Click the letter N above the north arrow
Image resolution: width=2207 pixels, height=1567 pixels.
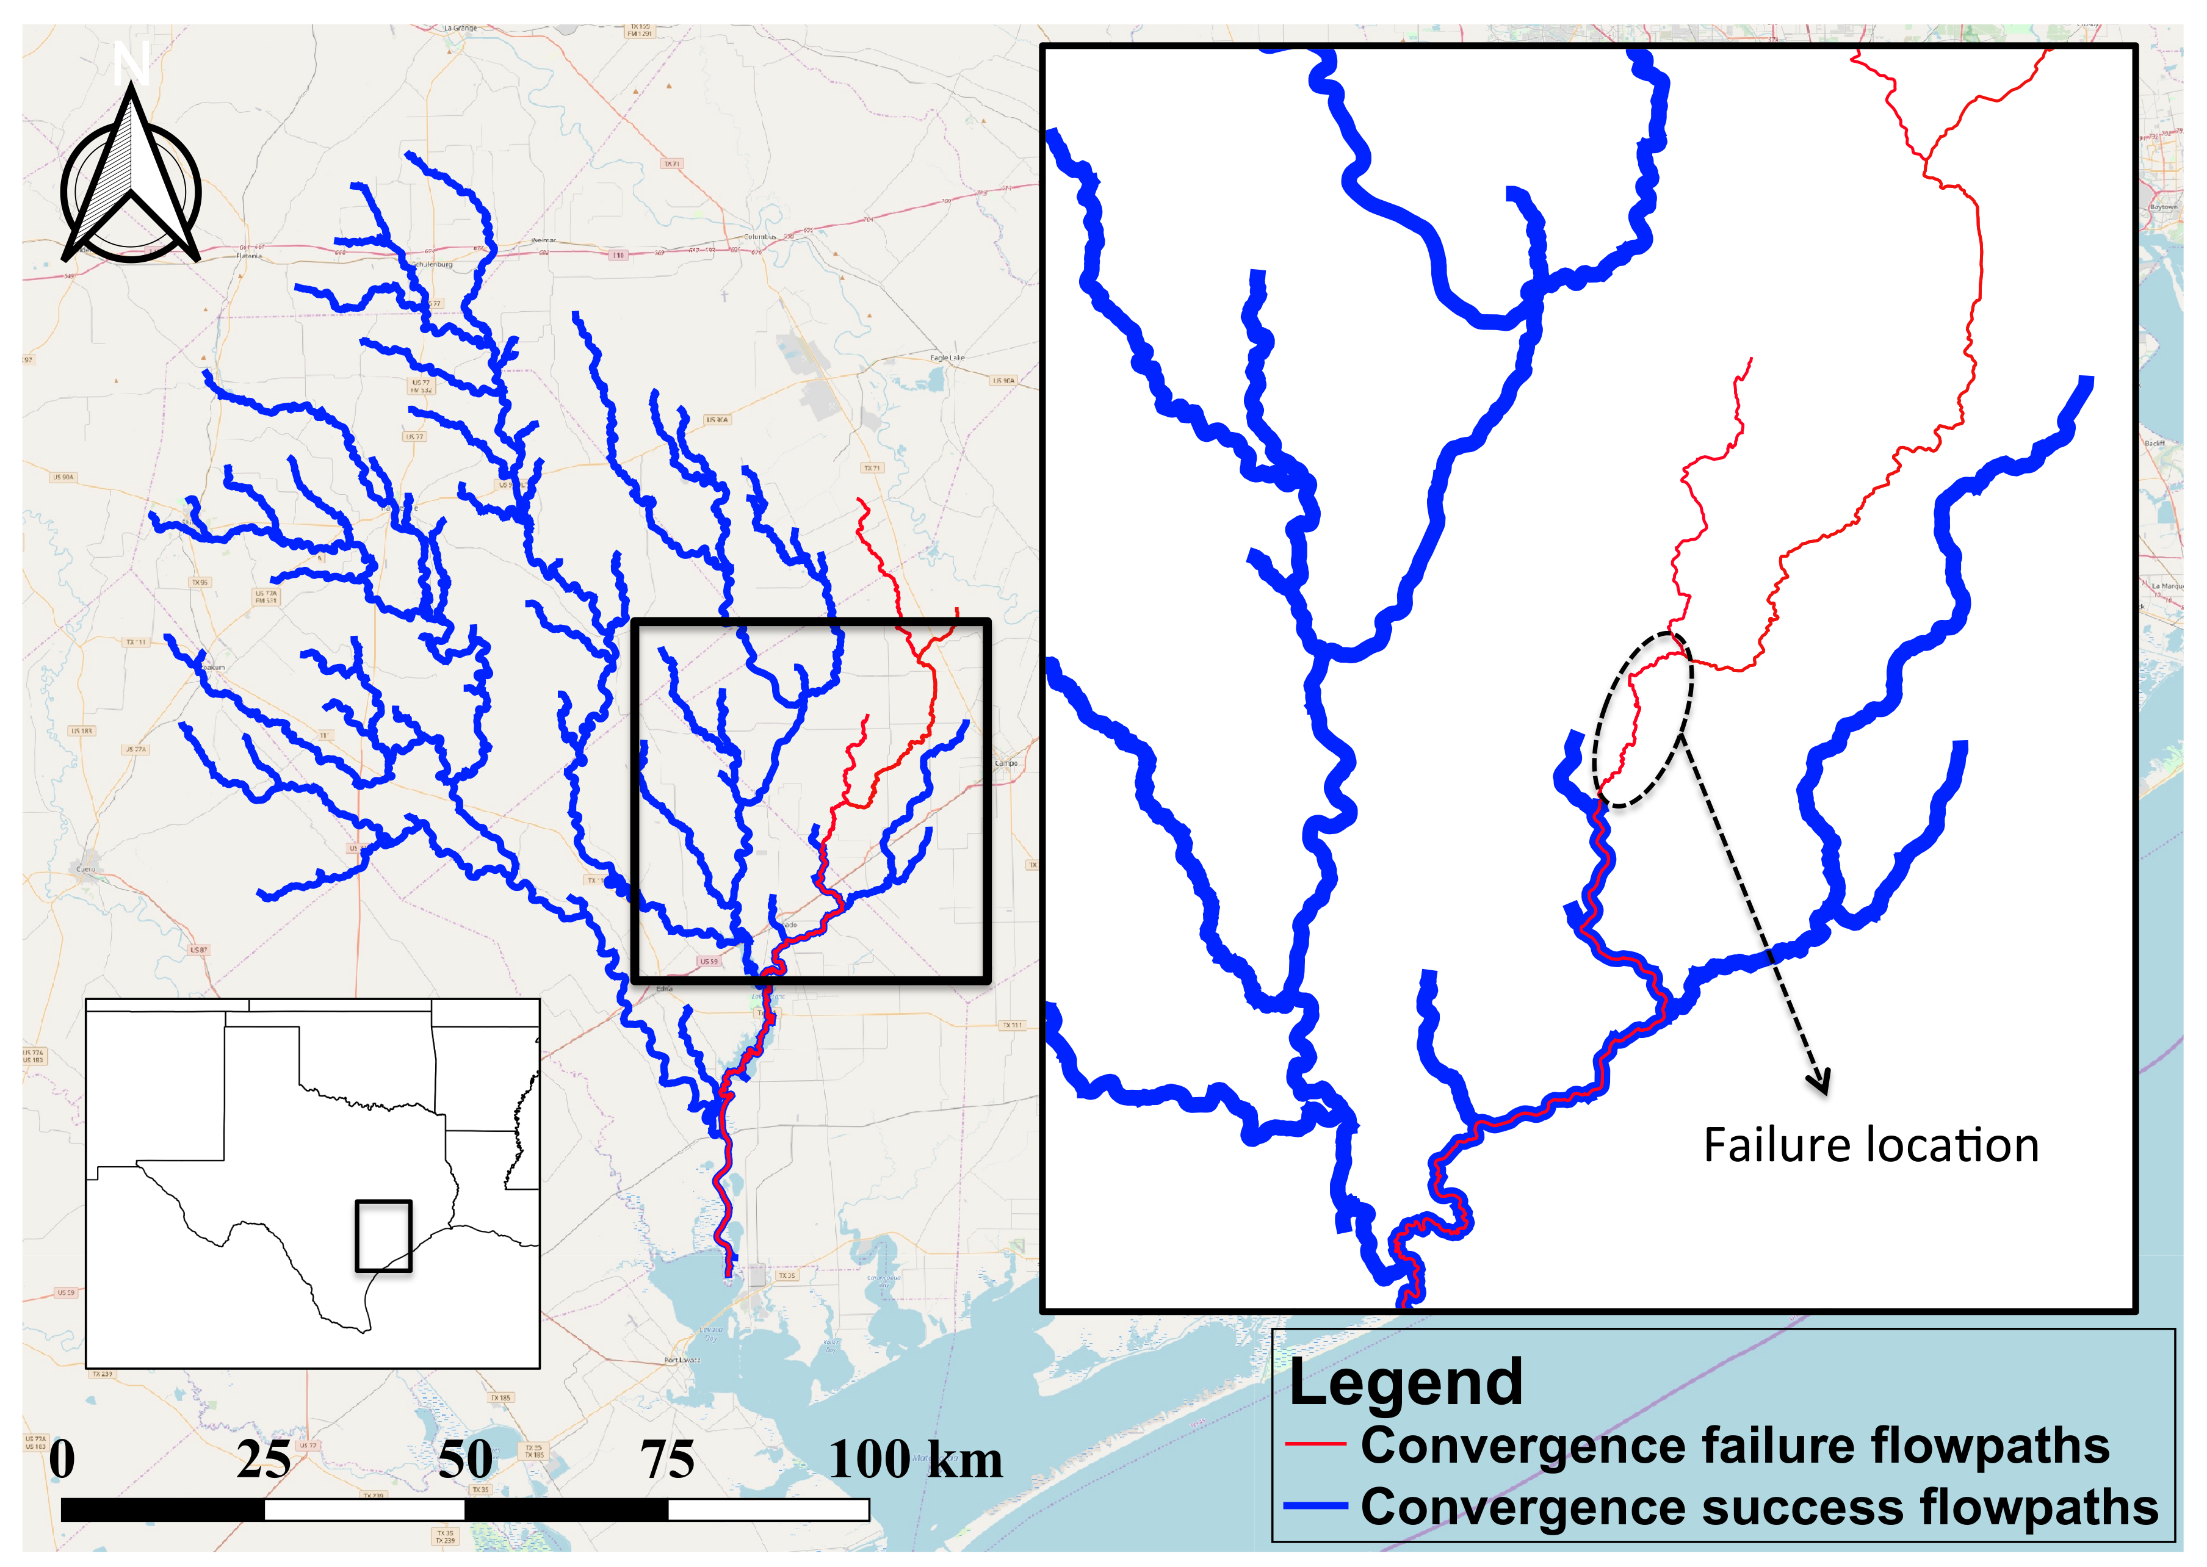130,63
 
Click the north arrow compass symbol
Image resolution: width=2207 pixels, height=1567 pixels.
131,183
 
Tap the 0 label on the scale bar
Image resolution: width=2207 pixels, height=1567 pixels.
62,1459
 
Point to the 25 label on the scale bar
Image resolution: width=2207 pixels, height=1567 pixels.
264,1459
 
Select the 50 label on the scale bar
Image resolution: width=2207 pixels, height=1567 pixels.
465,1459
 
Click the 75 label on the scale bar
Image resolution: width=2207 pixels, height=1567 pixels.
667,1459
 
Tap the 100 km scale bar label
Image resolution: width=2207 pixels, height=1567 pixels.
915,1459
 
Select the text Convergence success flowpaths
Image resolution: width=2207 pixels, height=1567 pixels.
1758,1506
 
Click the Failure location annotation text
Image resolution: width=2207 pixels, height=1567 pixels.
1870,1145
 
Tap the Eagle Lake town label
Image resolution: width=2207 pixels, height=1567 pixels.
947,358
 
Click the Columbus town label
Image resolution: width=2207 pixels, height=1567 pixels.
759,236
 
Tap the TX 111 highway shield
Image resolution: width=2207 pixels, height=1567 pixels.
1011,1025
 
